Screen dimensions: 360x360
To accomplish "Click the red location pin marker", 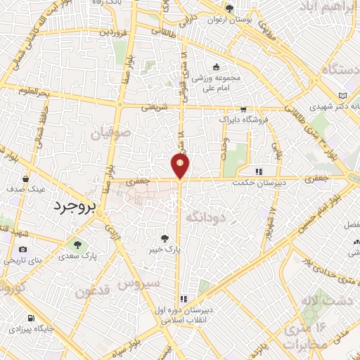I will (x=180, y=166).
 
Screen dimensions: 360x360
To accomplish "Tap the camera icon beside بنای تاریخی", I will (x=23, y=250).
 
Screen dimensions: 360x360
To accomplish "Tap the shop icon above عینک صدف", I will (x=25, y=179).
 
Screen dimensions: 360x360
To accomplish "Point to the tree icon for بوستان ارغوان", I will (x=229, y=8).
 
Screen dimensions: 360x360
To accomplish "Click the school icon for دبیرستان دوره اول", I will (x=184, y=299).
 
